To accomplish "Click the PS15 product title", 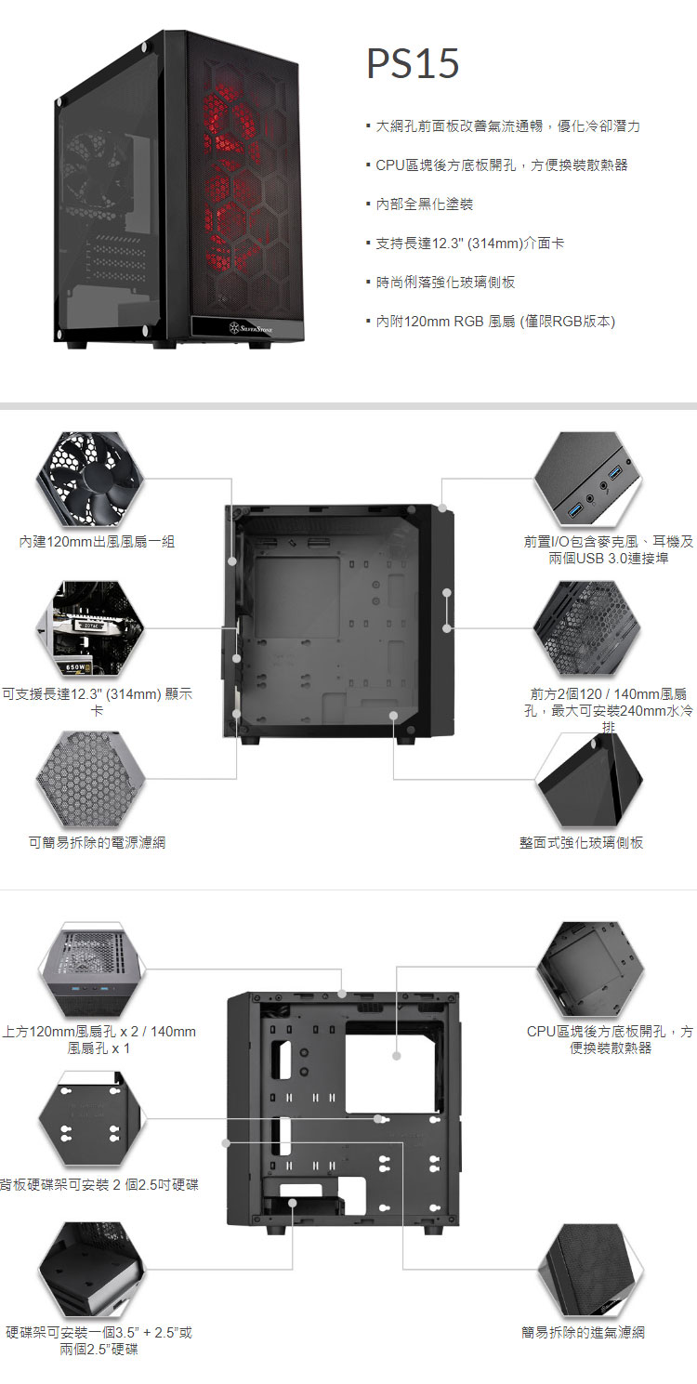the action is tap(413, 63).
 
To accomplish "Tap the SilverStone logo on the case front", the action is tap(250, 327).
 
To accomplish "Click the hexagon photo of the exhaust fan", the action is tap(90, 480).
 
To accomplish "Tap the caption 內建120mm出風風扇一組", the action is tap(97, 542).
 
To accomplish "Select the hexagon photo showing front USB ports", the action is tap(587, 480).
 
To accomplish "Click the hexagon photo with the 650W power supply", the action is tap(90, 628).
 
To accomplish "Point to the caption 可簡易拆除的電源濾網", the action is tap(97, 842).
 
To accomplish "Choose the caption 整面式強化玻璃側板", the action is tap(582, 842).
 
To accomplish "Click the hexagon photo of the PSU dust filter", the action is tap(90, 779).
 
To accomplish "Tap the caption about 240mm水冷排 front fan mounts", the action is tap(609, 710).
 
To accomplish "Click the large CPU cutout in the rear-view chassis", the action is tap(395, 1067).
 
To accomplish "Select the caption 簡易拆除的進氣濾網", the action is tap(584, 1333).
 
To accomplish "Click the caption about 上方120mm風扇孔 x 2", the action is tap(99, 1040).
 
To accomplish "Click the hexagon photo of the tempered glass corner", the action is tap(589, 779).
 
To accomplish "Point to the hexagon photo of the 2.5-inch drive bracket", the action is tap(90, 1119).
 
